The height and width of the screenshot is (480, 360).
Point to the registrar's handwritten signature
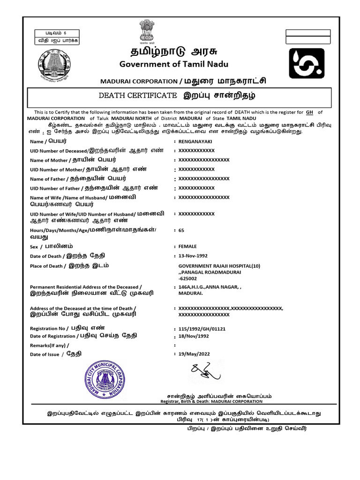click(x=205, y=373)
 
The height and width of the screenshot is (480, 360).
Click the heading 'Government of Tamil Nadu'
click(x=167, y=64)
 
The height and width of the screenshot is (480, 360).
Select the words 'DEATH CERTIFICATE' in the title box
click(x=136, y=96)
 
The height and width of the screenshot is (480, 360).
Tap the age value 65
click(x=181, y=231)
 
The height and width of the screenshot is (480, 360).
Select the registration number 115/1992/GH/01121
click(x=202, y=329)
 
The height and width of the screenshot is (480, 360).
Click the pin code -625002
click(x=188, y=278)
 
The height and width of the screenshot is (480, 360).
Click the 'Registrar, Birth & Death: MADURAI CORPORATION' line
click(x=211, y=401)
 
